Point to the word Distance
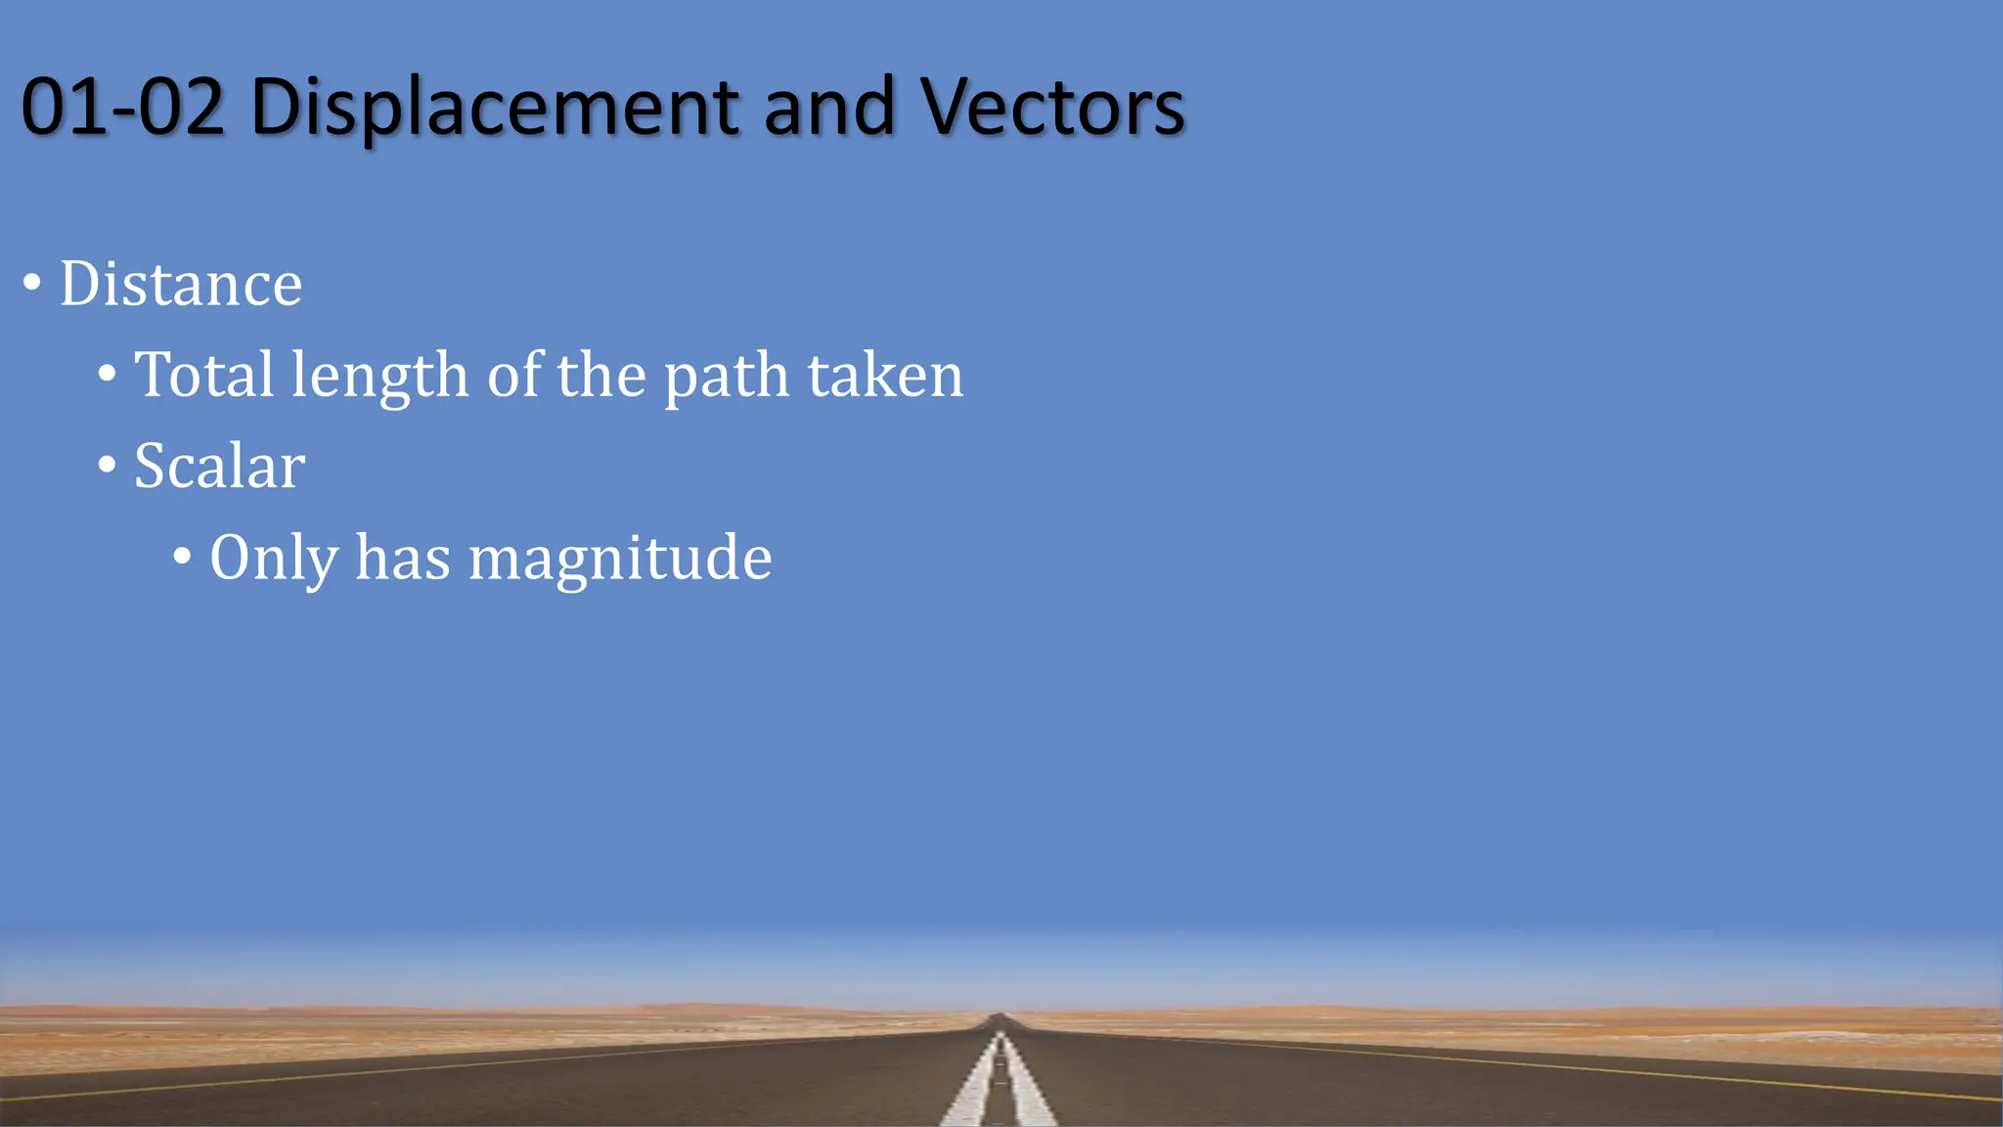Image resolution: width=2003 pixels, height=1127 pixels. pyautogui.click(x=181, y=284)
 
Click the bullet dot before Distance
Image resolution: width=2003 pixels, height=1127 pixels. pyautogui.click(x=32, y=284)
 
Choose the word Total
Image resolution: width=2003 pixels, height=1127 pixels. pyautogui.click(x=203, y=375)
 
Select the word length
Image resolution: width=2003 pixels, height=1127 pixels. pyautogui.click(x=379, y=377)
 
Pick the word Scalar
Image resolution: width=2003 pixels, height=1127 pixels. pyautogui.click(x=219, y=466)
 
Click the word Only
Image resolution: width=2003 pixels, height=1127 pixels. pyautogui.click(x=274, y=559)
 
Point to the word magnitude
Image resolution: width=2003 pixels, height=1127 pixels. pyautogui.click(x=620, y=559)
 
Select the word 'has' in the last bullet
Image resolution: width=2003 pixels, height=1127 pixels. pyautogui.click(x=402, y=558)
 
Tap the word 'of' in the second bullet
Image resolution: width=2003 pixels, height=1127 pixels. pyautogui.click(x=513, y=375)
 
